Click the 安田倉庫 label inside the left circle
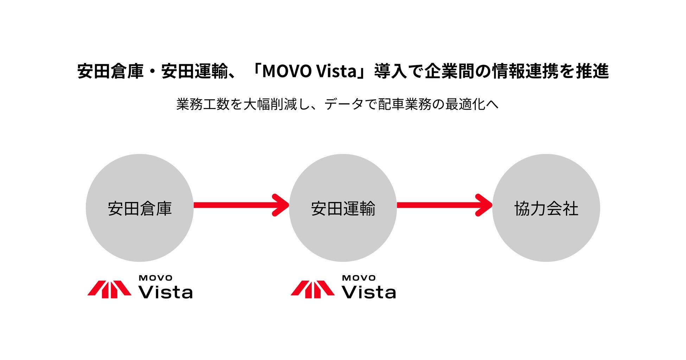pos(140,208)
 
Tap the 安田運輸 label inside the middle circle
pos(343,208)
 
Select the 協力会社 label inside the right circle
pos(546,208)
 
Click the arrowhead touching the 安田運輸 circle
pos(282,205)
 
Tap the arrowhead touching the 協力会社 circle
pos(485,205)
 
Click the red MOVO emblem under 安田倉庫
pos(109,289)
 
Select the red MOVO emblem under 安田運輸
pos(312,289)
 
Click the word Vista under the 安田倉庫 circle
pos(166,292)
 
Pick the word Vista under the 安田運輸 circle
pos(369,292)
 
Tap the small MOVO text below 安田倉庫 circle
pos(155,278)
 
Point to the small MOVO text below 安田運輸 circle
pos(359,278)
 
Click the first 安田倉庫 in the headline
pos(110,71)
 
